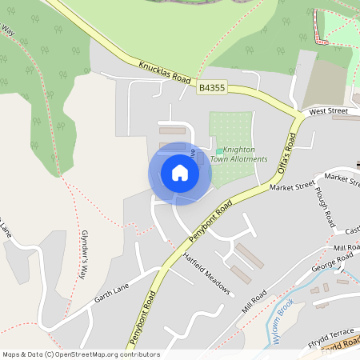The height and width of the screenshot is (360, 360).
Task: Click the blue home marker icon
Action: pyautogui.click(x=180, y=173)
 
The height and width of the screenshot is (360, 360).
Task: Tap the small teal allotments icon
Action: pyautogui.click(x=219, y=150)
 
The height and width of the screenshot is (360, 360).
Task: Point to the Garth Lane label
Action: pyautogui.click(x=111, y=297)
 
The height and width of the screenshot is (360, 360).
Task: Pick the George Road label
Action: pyautogui.click(x=332, y=262)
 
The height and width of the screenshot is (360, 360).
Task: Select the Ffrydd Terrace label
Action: pyautogui.click(x=330, y=331)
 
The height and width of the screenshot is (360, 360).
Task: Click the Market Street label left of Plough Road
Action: pyautogui.click(x=293, y=187)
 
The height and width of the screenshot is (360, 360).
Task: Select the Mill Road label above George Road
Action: pyautogui.click(x=347, y=249)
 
